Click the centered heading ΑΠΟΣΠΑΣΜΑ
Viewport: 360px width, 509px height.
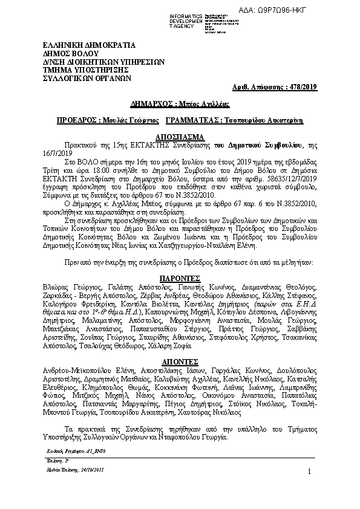180,137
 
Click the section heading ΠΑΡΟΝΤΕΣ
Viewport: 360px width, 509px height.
180,280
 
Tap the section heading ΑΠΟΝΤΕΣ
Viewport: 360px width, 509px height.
180,359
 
